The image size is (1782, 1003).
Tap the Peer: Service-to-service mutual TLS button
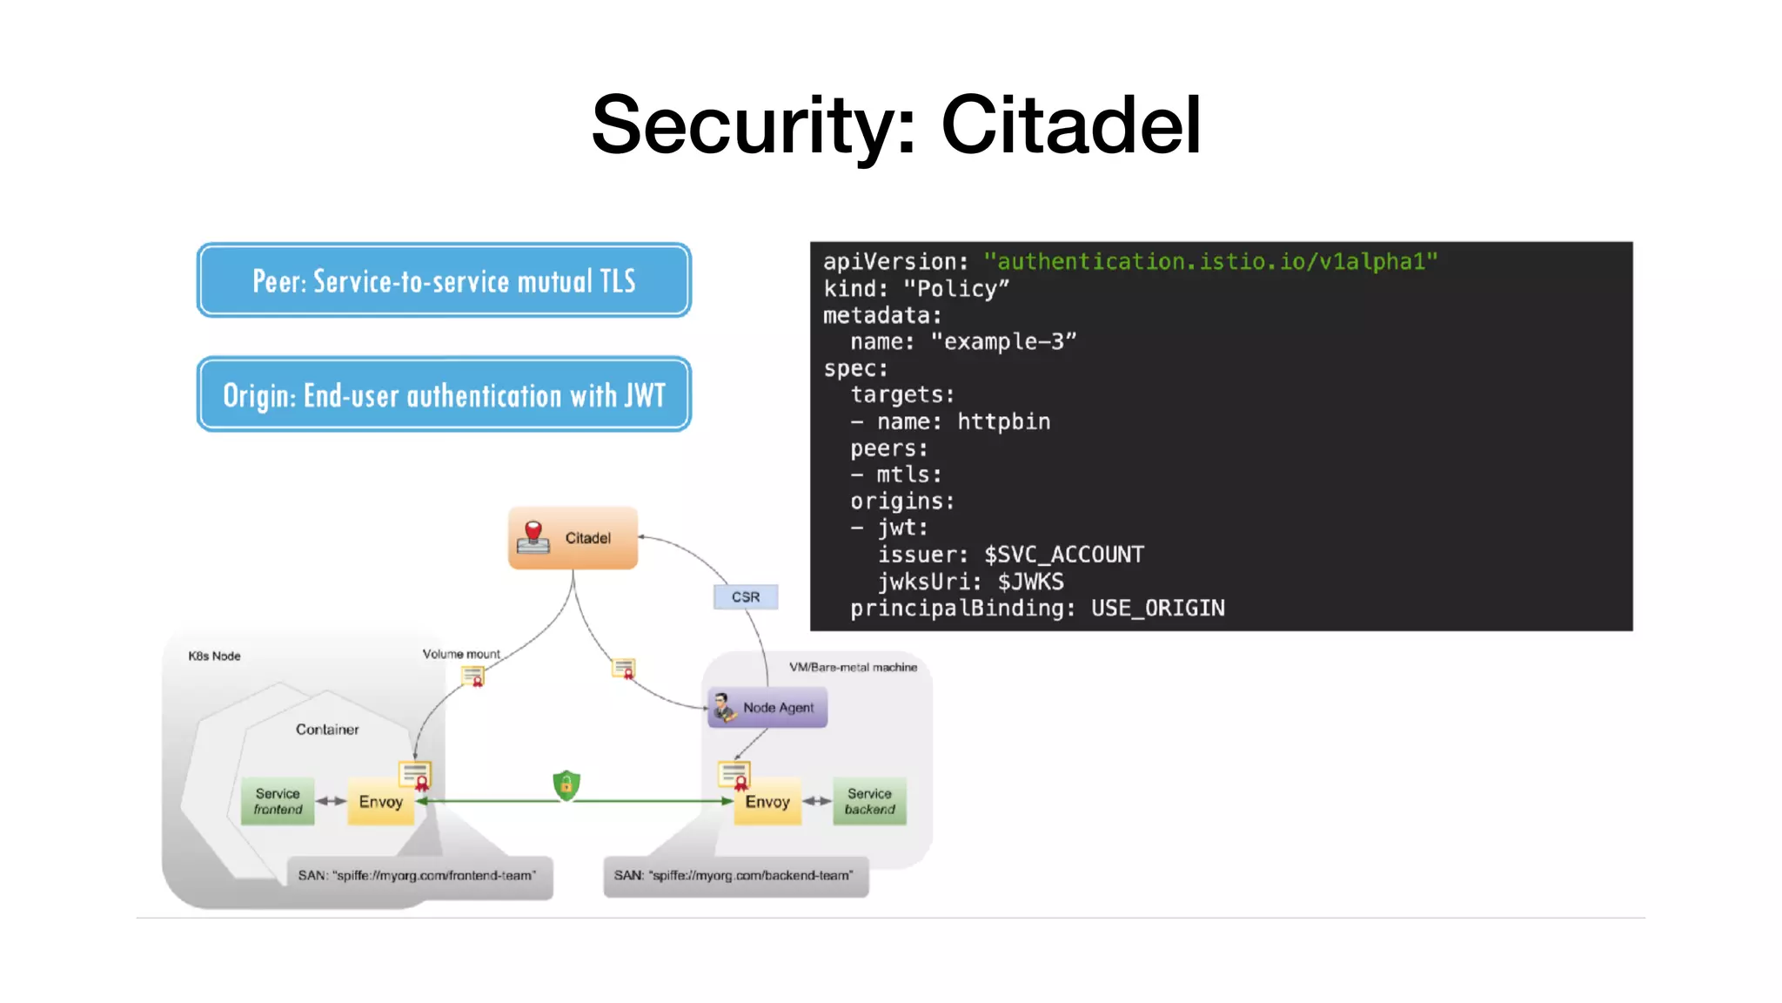(x=444, y=280)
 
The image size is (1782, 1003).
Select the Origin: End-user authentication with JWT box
(x=444, y=394)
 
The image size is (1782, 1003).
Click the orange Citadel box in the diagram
(x=573, y=538)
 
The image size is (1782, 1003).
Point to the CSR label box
(x=746, y=597)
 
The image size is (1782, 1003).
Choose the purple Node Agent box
(x=767, y=708)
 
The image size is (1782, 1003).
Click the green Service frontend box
(x=278, y=801)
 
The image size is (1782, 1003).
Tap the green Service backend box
(x=869, y=801)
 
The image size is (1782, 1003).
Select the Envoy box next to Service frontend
(x=381, y=802)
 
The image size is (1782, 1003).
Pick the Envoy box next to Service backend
(x=767, y=802)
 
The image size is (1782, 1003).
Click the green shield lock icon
(x=566, y=785)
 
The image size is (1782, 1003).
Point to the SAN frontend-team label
(x=419, y=876)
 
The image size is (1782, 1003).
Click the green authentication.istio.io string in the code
(x=1209, y=261)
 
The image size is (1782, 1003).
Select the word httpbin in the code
(x=1003, y=421)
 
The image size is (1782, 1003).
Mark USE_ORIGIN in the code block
(x=1157, y=608)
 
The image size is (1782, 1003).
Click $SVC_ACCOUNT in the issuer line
(x=1063, y=555)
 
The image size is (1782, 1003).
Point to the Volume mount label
(x=461, y=654)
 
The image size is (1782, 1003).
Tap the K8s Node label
(x=214, y=656)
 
